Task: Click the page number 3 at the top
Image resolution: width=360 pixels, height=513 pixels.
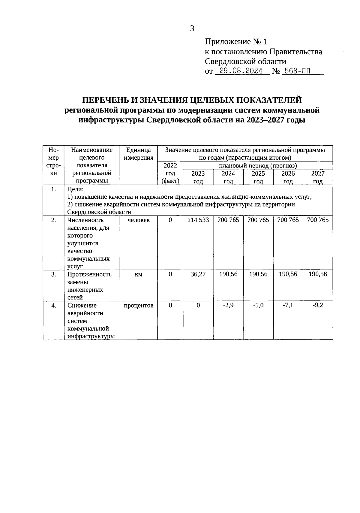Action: pos(192,29)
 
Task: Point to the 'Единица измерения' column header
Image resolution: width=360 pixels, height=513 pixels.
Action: pos(138,154)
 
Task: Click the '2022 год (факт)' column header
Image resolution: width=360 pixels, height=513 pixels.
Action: pos(170,173)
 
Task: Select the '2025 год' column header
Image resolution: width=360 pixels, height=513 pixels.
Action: pos(258,177)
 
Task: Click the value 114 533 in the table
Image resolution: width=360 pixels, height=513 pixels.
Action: pos(198,220)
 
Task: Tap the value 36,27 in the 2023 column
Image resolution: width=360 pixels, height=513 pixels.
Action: pos(198,274)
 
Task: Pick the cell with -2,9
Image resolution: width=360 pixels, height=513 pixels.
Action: pos(228,306)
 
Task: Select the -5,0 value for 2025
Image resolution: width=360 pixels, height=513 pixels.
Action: pos(258,306)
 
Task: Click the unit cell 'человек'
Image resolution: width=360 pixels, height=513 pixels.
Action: pos(138,220)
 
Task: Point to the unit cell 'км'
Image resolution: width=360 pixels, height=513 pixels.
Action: pos(138,274)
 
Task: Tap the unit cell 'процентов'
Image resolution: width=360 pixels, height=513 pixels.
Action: pos(138,306)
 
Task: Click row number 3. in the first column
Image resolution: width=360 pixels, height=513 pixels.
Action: pos(53,274)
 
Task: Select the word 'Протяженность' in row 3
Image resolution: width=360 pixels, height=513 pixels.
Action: pos(89,274)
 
